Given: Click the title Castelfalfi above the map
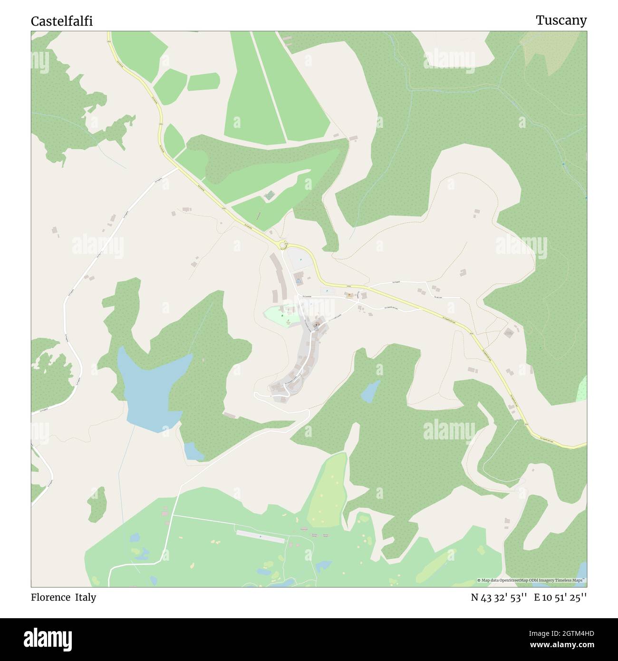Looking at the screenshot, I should [62, 21].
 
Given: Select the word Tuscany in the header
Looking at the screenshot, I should [561, 20].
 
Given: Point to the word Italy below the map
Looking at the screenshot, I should [85, 597].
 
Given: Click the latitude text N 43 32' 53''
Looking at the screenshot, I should [499, 597].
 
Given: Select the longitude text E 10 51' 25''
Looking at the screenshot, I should [560, 597].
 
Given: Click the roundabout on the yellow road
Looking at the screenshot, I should [284, 245].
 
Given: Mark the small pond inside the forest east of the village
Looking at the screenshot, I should [370, 391].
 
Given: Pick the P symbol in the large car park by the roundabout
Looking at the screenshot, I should [301, 260].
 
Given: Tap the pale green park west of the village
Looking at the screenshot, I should [280, 316].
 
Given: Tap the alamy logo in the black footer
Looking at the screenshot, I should [48, 639].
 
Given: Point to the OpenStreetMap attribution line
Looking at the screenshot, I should [532, 580].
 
